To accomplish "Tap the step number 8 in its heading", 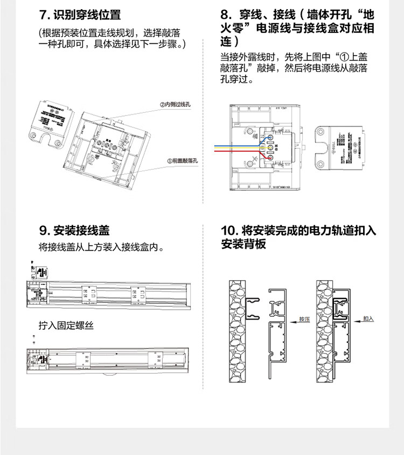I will click(x=225, y=15).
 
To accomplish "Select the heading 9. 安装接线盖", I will click(x=74, y=230).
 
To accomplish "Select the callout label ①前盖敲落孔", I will click(x=183, y=161).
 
